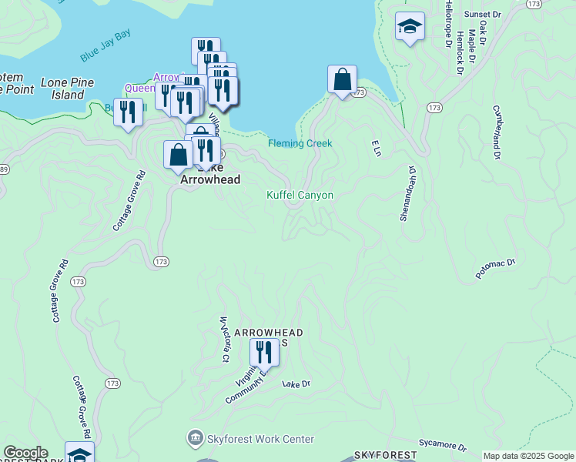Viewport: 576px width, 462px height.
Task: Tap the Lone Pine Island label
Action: click(67, 89)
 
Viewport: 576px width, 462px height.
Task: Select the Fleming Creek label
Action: click(300, 143)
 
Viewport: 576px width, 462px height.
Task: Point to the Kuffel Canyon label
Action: click(300, 195)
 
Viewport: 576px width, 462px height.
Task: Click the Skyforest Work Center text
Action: click(261, 439)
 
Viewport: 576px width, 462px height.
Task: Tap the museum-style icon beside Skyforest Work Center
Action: click(196, 439)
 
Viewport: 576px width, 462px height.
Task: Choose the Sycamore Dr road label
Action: click(443, 446)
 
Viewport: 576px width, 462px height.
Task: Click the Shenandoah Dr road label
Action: click(407, 193)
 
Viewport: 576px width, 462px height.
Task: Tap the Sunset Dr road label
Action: click(483, 14)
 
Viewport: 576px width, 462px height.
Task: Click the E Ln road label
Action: click(376, 149)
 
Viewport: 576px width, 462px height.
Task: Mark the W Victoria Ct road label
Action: click(225, 340)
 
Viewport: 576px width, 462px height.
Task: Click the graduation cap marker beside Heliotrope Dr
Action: click(410, 27)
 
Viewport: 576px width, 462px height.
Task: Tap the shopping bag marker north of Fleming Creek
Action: click(342, 79)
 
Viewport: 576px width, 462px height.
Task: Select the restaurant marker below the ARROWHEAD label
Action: click(264, 352)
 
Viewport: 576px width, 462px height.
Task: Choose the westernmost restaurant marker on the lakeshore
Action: click(128, 112)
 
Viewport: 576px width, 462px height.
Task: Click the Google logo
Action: click(25, 454)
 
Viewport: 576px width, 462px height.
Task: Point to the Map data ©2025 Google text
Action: click(527, 456)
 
